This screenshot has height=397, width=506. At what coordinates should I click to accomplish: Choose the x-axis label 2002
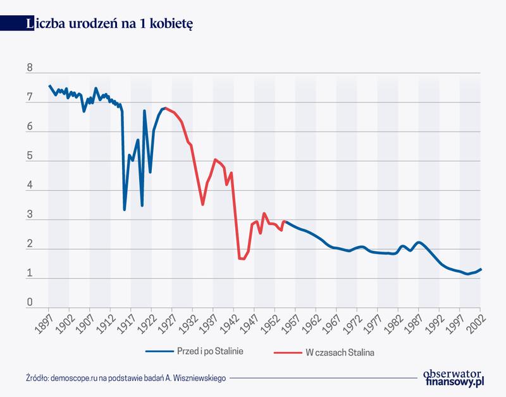click(x=476, y=322)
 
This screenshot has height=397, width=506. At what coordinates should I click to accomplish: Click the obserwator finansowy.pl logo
click(x=453, y=377)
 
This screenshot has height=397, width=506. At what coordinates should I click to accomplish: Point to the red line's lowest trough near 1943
click(x=242, y=259)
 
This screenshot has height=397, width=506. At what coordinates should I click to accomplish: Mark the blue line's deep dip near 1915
click(x=124, y=209)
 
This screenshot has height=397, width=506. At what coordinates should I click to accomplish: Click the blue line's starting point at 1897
click(x=49, y=85)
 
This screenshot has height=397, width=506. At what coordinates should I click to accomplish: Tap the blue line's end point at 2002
click(x=481, y=269)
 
